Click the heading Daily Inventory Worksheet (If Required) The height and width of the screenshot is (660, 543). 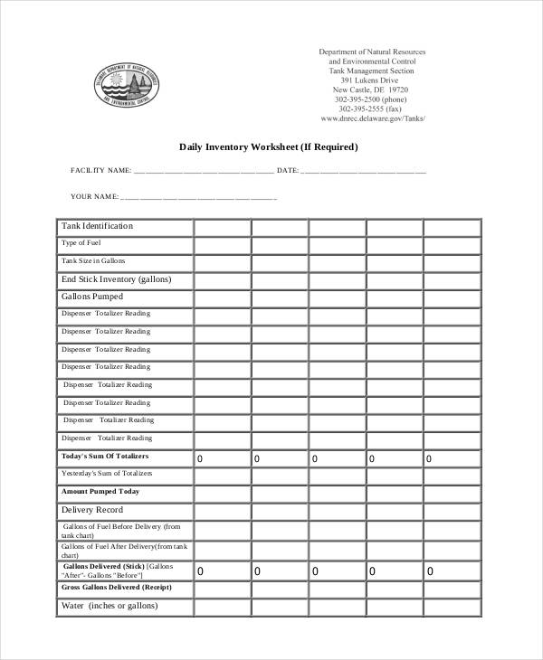coord(269,146)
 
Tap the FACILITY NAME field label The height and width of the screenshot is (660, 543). coord(100,170)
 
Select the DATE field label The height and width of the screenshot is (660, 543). coord(287,170)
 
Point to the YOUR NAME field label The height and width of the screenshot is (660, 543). coord(94,196)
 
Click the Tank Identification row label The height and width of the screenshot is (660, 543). coord(97,226)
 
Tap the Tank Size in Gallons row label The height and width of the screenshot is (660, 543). coord(93,260)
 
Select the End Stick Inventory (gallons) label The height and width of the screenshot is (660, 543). coord(116,279)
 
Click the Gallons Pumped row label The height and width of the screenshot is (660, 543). coord(91,297)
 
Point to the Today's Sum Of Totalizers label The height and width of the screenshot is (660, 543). coord(105,456)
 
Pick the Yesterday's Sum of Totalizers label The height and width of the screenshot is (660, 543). coord(107,474)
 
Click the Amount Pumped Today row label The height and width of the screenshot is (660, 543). coord(100,492)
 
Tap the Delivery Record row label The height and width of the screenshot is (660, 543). coord(91,510)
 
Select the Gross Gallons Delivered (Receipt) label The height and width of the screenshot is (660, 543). coord(116,588)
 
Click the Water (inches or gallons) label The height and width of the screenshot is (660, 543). coord(110,606)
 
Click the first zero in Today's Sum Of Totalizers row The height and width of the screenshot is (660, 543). coord(200,459)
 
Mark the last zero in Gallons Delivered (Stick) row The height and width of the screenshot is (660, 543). coord(430,571)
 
